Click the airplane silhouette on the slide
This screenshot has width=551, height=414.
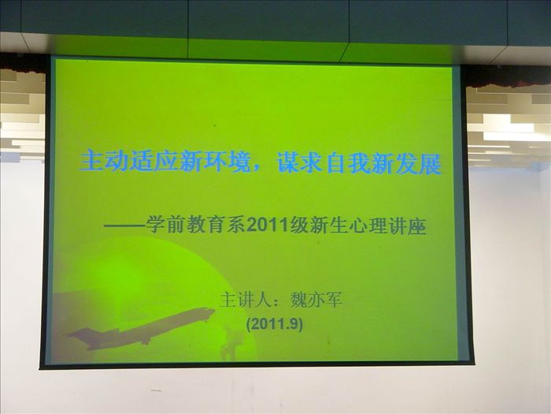pyautogui.click(x=141, y=330)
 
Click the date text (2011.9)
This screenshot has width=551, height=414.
pyautogui.click(x=275, y=324)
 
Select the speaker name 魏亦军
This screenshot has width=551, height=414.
pyautogui.click(x=316, y=300)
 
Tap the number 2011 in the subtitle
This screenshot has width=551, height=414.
pyautogui.click(x=268, y=226)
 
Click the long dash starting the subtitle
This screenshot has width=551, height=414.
pyautogui.click(x=124, y=226)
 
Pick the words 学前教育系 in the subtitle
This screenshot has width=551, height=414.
pyautogui.click(x=196, y=226)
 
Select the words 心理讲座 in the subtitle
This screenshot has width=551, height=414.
pyautogui.click(x=388, y=226)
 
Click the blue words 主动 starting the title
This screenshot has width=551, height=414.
pyautogui.click(x=103, y=162)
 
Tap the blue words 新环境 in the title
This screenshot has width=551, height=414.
pyautogui.click(x=215, y=162)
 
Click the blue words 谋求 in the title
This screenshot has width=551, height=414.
pyautogui.click(x=298, y=163)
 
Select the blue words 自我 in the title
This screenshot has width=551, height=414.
pyautogui.click(x=349, y=164)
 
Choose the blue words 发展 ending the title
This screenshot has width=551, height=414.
pyautogui.click(x=418, y=164)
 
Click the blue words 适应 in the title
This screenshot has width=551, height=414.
pyautogui.click(x=153, y=162)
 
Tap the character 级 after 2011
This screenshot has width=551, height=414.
pyautogui.click(x=299, y=226)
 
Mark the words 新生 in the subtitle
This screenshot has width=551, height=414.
pyautogui.click(x=329, y=226)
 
